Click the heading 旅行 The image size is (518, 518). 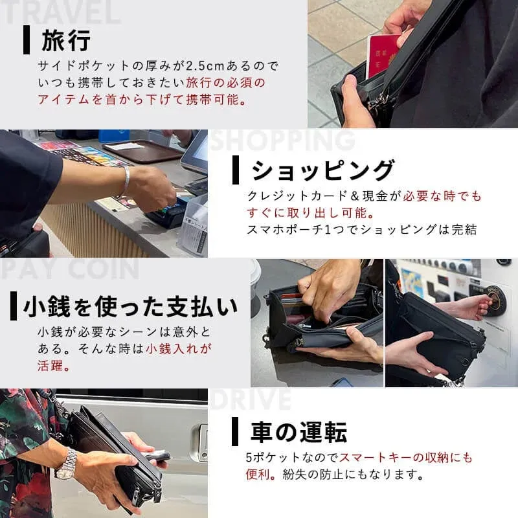[67, 40]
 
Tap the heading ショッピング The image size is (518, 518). [322, 170]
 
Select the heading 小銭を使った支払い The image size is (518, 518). [130, 306]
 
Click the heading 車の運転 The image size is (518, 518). [298, 432]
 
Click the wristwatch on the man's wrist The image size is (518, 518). [66, 464]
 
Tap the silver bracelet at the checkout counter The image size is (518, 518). [126, 183]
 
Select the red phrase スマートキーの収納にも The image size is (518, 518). [406, 457]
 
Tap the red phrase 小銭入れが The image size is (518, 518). [179, 348]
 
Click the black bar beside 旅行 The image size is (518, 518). [27, 40]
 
